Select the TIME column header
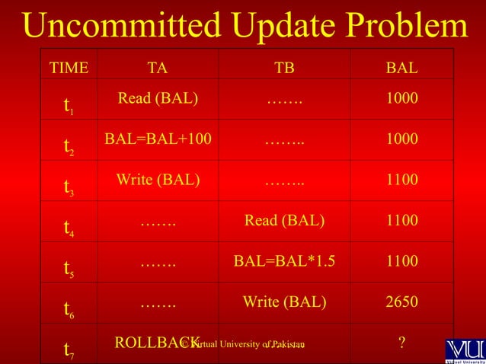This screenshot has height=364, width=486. coord(69,68)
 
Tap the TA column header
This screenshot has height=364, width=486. coord(158,68)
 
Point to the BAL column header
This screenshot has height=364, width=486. coord(401,68)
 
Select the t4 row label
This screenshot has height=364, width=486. coord(69,227)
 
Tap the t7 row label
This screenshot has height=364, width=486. coord(69,350)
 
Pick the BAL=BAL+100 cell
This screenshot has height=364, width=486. coord(158,139)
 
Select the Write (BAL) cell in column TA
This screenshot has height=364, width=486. coord(158,180)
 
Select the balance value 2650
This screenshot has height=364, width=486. coord(401,302)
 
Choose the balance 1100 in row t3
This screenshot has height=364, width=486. coord(401,180)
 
